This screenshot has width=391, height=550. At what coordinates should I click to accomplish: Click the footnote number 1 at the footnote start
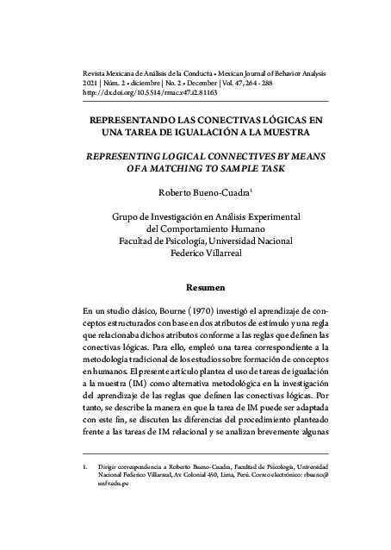pos(84,471)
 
